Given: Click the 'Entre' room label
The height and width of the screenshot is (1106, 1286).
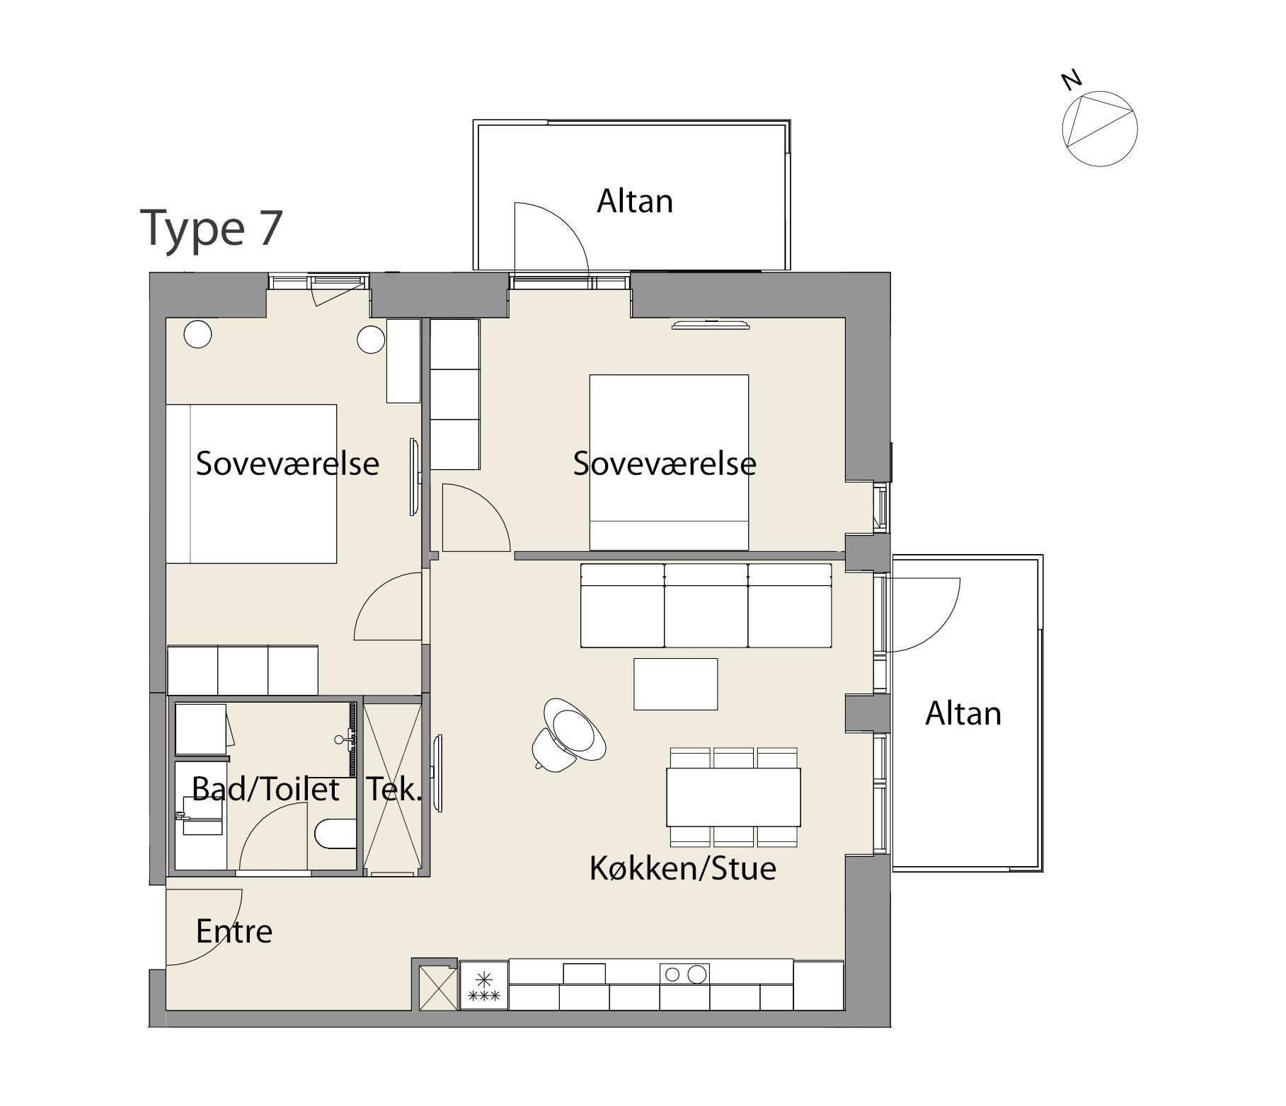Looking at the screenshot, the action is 234,931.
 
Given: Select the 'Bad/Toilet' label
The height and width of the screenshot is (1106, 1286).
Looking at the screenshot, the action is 265,789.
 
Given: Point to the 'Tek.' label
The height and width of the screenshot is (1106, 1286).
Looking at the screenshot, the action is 394,789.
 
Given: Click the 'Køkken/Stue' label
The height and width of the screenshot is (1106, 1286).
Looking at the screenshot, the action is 683,868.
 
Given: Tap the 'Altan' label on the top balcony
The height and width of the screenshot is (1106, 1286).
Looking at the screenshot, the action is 635,201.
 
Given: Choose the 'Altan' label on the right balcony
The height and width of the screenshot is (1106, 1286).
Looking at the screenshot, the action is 963,713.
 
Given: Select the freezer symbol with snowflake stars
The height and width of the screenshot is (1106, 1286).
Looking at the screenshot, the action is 484,984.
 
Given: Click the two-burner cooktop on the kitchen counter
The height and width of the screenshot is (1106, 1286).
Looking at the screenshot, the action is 684,974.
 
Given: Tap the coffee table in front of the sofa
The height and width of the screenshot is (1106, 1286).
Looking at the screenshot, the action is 676,684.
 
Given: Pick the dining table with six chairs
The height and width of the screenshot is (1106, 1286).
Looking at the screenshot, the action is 734,797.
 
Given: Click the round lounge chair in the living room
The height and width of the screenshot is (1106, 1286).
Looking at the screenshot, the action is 570,734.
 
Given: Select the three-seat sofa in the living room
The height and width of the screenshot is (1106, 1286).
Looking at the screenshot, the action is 706,606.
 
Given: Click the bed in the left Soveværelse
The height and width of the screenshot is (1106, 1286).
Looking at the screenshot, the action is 251,484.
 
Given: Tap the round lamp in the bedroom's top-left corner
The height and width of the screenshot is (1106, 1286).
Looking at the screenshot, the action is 198,334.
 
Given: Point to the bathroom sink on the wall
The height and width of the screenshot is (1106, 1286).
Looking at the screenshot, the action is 345,739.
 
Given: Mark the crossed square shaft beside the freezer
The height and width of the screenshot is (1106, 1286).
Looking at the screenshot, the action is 438,988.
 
